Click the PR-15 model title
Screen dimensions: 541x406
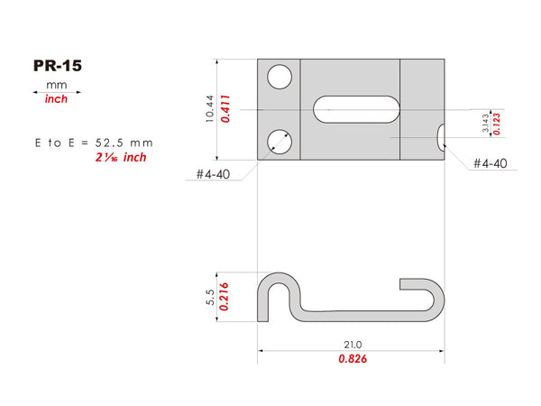(58, 66)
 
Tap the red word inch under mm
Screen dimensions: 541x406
(56, 99)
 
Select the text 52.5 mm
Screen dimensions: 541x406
(124, 143)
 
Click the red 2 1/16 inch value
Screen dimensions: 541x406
(121, 157)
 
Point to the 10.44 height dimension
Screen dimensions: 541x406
(209, 109)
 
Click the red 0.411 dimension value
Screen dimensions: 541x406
(225, 109)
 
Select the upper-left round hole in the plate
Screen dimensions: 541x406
(280, 77)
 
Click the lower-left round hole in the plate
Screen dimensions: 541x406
(280, 142)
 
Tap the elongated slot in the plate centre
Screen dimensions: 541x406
(356, 109)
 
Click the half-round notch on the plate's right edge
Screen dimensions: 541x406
(441, 137)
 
